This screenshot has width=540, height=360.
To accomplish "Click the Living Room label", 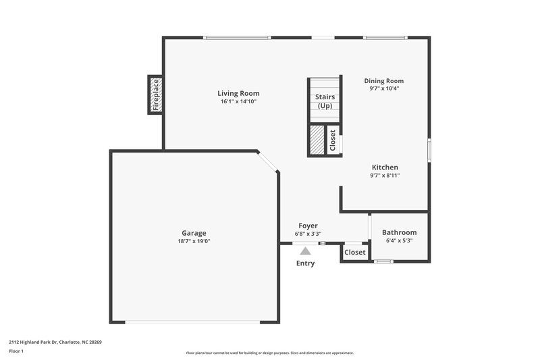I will click(x=238, y=93).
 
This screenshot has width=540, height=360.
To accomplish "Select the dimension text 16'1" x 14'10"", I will click(x=238, y=101).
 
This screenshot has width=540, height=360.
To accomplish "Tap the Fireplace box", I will click(x=155, y=95).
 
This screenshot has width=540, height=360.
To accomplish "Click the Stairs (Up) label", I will click(x=325, y=101).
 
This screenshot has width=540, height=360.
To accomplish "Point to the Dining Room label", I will click(x=384, y=80).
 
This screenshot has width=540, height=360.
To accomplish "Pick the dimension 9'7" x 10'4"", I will click(x=384, y=88).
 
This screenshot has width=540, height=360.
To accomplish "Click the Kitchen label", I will click(x=385, y=167).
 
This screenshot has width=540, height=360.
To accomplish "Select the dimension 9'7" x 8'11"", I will click(x=385, y=176).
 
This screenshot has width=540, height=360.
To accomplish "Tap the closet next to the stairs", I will click(x=333, y=140).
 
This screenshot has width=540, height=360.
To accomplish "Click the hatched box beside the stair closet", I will click(x=317, y=140).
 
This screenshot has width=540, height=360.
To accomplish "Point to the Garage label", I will click(x=194, y=233).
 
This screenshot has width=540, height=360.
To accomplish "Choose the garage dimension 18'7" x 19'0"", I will click(x=194, y=241).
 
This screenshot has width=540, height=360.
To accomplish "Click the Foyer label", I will click(x=308, y=226).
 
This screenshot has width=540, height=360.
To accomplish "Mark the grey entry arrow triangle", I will click(x=305, y=251).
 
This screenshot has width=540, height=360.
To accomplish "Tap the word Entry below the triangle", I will click(x=305, y=263).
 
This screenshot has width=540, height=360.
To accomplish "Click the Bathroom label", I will click(x=399, y=232).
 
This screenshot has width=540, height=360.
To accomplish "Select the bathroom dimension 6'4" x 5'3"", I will click(x=399, y=240).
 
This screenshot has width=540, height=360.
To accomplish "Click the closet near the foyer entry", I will click(x=355, y=252).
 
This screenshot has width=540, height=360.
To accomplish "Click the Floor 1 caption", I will click(x=17, y=352).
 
